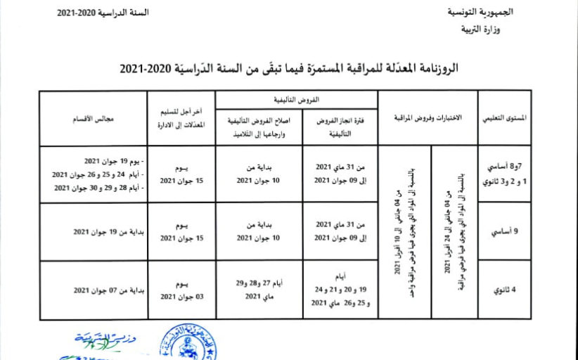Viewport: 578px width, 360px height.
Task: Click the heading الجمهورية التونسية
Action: (481, 13)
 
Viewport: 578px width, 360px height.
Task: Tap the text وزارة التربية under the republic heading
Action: (486, 30)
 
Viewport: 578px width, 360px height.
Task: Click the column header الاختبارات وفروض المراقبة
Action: (428, 119)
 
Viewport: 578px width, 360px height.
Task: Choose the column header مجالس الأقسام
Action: (93, 119)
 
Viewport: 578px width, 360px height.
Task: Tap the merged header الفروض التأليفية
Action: (296, 100)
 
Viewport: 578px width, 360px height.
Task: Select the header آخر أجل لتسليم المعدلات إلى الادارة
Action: (181, 118)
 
